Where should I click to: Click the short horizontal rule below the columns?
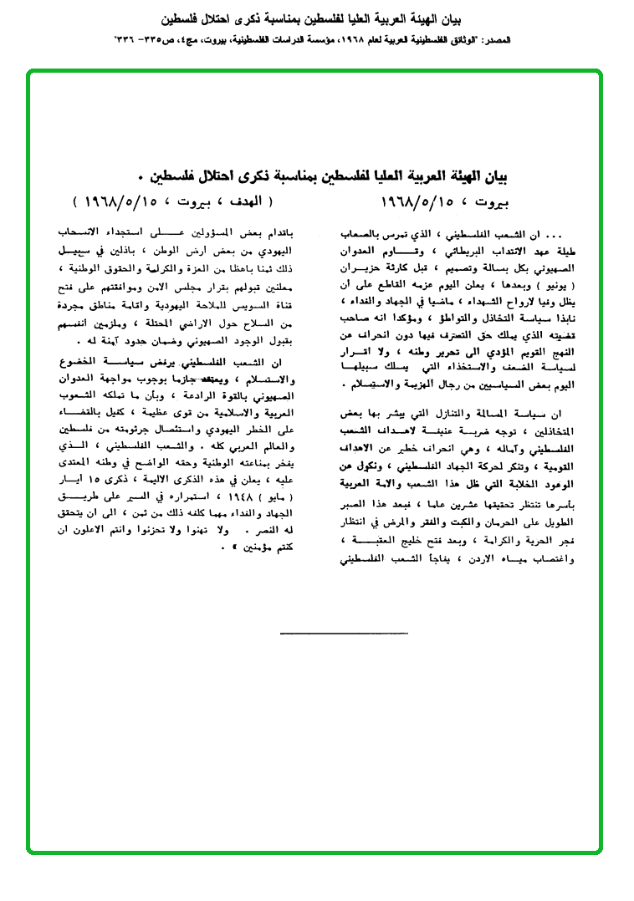[x=344, y=633]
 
